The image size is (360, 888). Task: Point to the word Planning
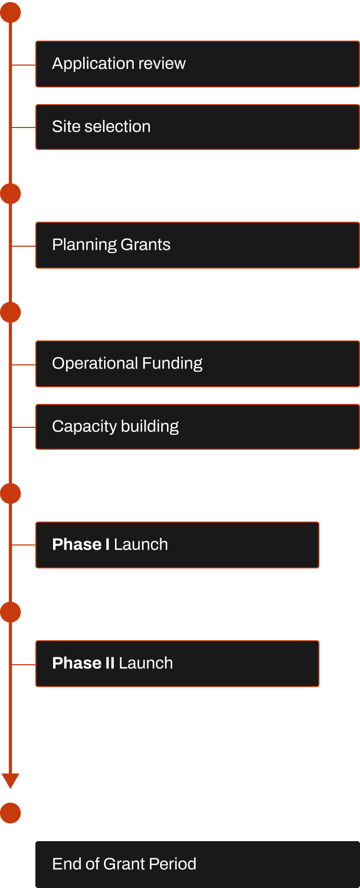(84, 245)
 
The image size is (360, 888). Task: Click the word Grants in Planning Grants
(145, 245)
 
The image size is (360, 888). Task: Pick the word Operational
(95, 363)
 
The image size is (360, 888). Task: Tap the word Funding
(172, 363)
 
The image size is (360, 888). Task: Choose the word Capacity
(84, 426)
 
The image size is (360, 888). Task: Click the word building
(150, 426)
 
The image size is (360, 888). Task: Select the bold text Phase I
(81, 544)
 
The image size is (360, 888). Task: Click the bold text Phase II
(83, 663)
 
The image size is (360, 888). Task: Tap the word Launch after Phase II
(146, 663)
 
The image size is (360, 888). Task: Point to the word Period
(172, 864)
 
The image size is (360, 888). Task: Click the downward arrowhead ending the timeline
(10, 781)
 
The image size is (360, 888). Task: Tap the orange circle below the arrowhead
(10, 813)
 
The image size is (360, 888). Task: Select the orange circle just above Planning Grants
(10, 194)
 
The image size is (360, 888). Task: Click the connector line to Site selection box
(24, 127)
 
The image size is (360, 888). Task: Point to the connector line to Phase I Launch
(24, 545)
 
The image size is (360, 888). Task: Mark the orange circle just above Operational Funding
(10, 312)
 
